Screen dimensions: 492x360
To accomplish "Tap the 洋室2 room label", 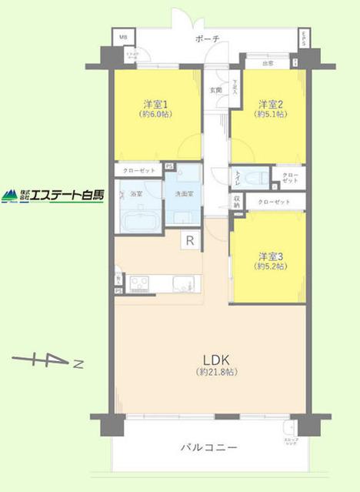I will click(x=271, y=103).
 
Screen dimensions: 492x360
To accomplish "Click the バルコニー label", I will click(x=209, y=447).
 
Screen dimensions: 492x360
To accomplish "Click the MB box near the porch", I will click(x=123, y=35).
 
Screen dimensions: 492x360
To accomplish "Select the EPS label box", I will click(x=304, y=38).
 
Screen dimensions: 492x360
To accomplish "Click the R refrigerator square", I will click(x=188, y=241).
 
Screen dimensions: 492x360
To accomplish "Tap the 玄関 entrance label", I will click(x=216, y=90).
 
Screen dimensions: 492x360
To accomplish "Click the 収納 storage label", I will click(x=237, y=201).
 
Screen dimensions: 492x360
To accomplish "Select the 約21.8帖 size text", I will click(x=215, y=372).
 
